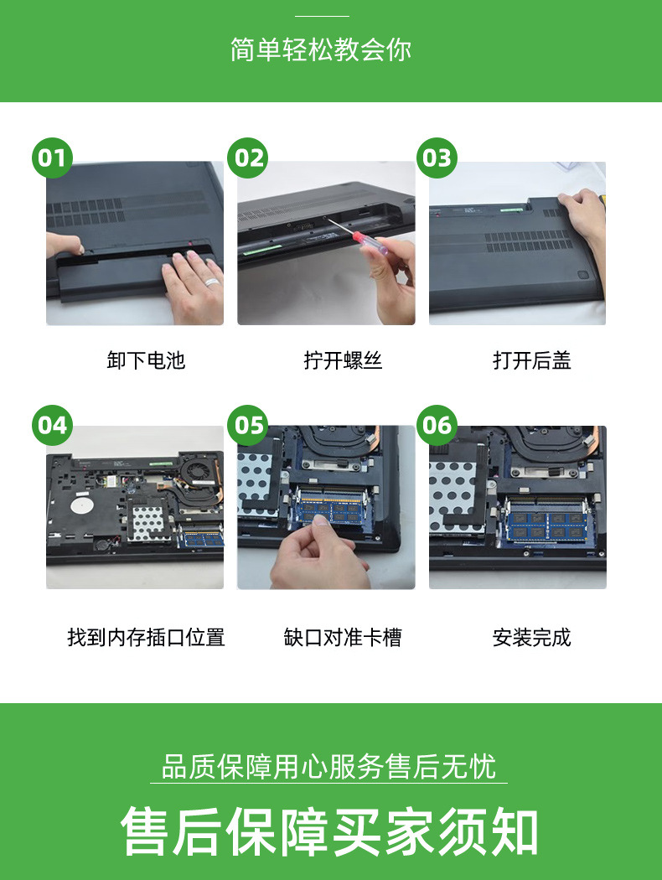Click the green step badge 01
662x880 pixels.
[x=52, y=158]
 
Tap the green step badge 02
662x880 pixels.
[x=248, y=158]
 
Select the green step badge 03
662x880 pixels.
[x=437, y=158]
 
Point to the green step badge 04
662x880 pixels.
[x=52, y=425]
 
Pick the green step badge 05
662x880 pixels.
[x=248, y=425]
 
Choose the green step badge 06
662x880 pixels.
[x=437, y=425]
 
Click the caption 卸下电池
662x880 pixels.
[x=146, y=360]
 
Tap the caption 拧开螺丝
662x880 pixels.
[x=343, y=360]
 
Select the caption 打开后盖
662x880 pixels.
[x=532, y=360]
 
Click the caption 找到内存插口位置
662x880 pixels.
[x=146, y=638]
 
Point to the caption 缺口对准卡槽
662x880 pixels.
[x=343, y=638]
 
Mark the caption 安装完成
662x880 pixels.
[x=532, y=638]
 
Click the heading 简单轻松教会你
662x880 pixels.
[x=321, y=49]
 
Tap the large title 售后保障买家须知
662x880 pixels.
[x=330, y=831]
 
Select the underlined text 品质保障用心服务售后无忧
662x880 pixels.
[x=328, y=767]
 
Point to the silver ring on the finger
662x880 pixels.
[x=211, y=282]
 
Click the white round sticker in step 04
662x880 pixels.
[x=81, y=504]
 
